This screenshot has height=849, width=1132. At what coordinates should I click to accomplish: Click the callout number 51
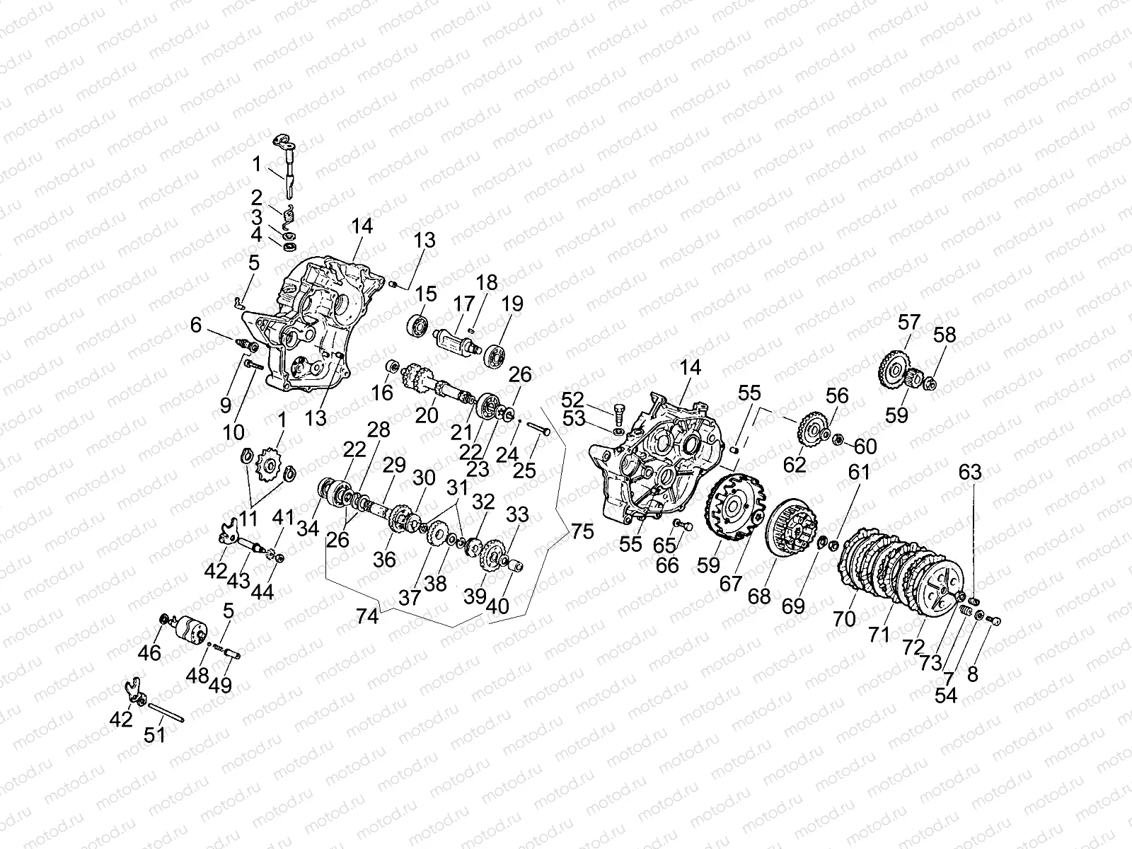[154, 734]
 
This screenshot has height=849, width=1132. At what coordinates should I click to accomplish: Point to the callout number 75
[582, 531]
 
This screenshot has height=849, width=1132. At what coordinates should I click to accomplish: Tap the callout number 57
[908, 323]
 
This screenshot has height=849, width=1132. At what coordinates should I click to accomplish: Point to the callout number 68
[759, 596]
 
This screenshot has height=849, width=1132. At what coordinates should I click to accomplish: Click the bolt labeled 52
[618, 410]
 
